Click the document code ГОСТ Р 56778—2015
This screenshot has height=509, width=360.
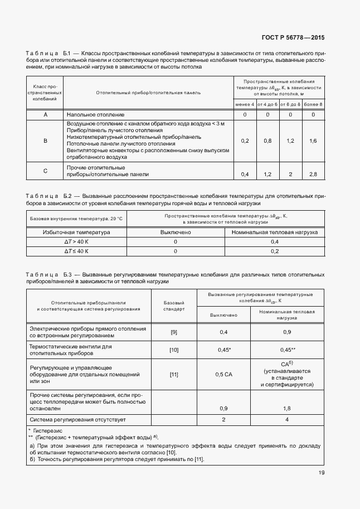tap(293, 38)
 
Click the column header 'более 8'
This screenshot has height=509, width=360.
tap(313, 104)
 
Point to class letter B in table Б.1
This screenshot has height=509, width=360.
tap(45, 141)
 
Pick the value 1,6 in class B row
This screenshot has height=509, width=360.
tap(313, 141)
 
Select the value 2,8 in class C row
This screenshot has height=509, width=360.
tap(313, 174)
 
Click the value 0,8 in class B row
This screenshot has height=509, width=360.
tap(267, 141)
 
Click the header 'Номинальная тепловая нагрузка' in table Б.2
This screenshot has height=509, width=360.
tap(274, 232)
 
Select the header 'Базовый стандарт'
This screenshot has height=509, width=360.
tap(174, 304)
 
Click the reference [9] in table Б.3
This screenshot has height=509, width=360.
tap(174, 332)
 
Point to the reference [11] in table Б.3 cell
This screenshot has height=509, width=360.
tap(174, 374)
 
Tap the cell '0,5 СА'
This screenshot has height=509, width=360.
tap(223, 374)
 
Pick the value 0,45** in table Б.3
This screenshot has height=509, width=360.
tap(287, 350)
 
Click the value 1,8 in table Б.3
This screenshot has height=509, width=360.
tap(287, 408)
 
